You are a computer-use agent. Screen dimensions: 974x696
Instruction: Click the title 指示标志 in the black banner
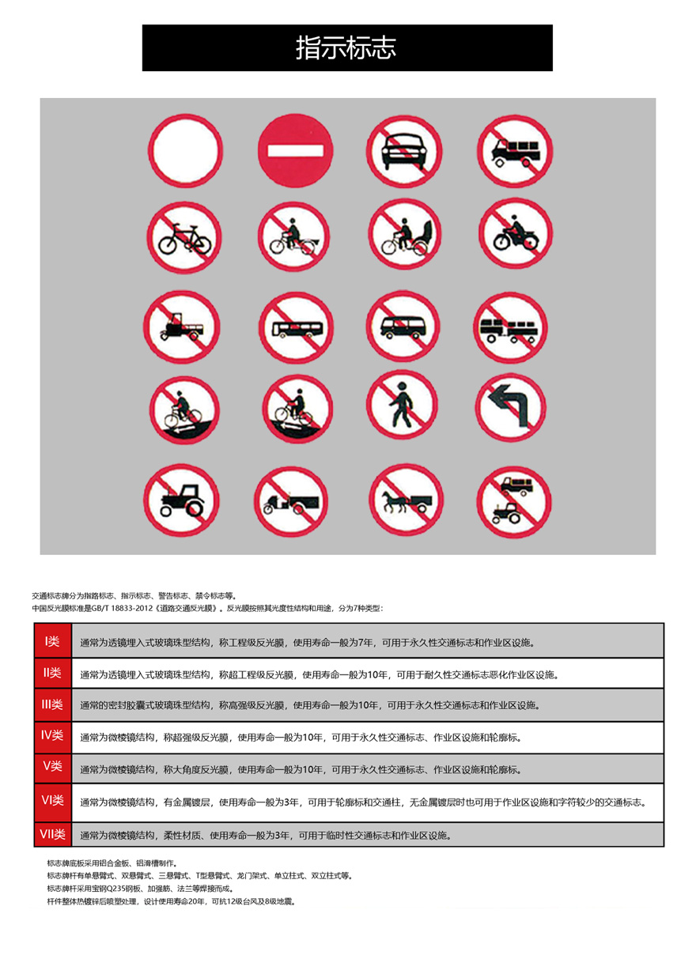coord(346,48)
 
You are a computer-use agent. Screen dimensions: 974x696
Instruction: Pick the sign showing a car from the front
coord(403,149)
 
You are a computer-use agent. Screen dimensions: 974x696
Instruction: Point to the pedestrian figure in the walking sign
coord(401,404)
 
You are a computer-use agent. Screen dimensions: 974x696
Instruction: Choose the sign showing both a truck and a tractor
coord(515,500)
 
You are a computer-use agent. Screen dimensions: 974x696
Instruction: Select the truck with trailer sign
coord(513,329)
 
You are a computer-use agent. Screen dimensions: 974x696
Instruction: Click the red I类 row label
coord(52,640)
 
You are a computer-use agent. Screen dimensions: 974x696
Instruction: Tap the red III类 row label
coord(52,704)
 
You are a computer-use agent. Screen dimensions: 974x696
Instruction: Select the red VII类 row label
coord(52,834)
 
